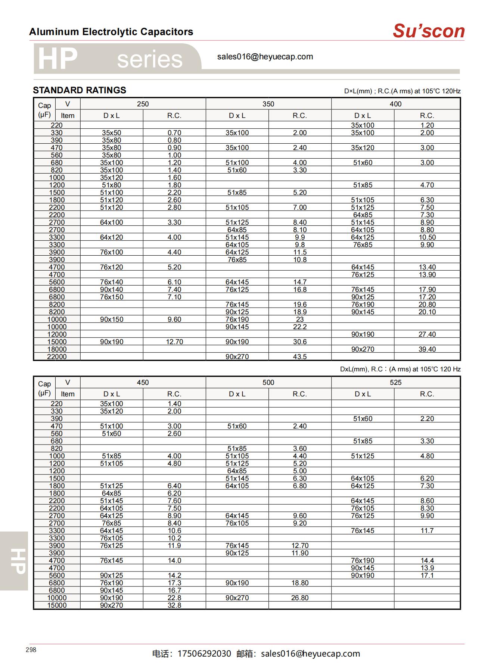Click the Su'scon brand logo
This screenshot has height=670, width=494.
point(428,31)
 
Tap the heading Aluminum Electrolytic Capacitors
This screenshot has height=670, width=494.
point(111,32)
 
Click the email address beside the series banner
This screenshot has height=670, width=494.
point(265,57)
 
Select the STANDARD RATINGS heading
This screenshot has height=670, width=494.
point(80,90)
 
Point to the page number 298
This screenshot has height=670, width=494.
point(31,650)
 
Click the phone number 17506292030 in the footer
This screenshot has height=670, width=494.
point(204,654)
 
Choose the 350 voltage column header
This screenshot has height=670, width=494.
point(268,104)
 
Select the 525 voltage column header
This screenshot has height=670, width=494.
point(395,383)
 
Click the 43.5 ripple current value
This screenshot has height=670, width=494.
point(300,357)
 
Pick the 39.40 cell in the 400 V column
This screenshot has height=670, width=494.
point(427,349)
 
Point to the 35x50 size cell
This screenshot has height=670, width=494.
point(111,133)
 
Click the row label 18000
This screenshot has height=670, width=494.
point(57,349)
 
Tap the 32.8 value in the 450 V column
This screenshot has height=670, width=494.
point(174,605)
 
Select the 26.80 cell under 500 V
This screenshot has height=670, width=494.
point(300,598)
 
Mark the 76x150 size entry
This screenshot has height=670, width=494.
point(111,297)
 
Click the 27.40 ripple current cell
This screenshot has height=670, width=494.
point(427,334)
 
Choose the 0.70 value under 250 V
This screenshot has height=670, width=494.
point(174,133)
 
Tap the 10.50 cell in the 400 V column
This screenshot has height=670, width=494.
point(427,237)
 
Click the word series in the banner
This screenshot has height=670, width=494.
point(150,60)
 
